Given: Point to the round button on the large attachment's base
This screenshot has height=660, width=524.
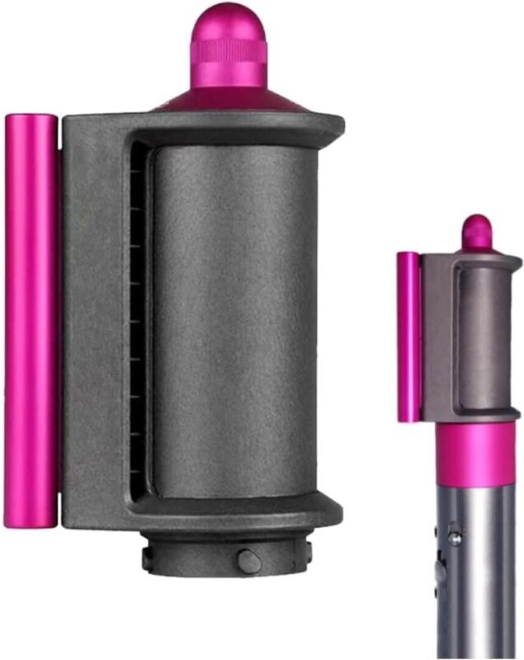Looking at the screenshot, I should click(247, 559).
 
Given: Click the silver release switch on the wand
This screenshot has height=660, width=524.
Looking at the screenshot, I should click(453, 537).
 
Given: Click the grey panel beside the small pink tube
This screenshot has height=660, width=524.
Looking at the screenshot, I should click(432, 338).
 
